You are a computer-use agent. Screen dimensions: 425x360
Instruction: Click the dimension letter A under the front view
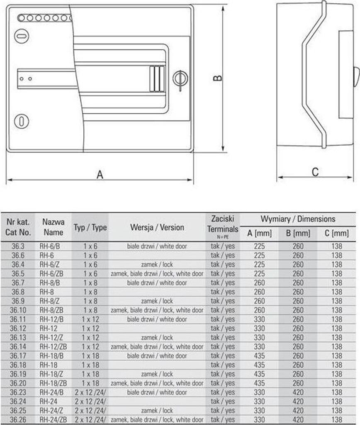[100, 175]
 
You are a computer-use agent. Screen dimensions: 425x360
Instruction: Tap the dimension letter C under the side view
[315, 172]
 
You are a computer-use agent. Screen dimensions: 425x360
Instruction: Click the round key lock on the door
[180, 78]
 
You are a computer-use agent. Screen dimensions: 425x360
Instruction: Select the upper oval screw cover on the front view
[21, 36]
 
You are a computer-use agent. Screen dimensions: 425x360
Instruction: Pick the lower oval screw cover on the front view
[22, 121]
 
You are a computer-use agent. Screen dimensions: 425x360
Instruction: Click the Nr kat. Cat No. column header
[18, 227]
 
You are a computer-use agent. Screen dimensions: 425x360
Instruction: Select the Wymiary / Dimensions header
[298, 219]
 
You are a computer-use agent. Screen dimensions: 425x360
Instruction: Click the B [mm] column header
[298, 233]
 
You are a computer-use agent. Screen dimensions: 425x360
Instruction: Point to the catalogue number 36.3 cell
[18, 246]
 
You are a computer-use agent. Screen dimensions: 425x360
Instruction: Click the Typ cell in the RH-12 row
[90, 328]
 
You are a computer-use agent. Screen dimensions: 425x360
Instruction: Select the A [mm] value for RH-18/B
[259, 356]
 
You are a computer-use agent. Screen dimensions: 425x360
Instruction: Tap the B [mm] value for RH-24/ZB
[298, 420]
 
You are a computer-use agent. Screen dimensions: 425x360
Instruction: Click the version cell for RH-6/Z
[157, 264]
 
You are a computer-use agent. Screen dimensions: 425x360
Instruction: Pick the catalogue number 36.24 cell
[18, 401]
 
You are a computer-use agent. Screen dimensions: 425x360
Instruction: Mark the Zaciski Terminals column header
[223, 227]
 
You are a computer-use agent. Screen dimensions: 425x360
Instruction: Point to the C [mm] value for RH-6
[337, 255]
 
